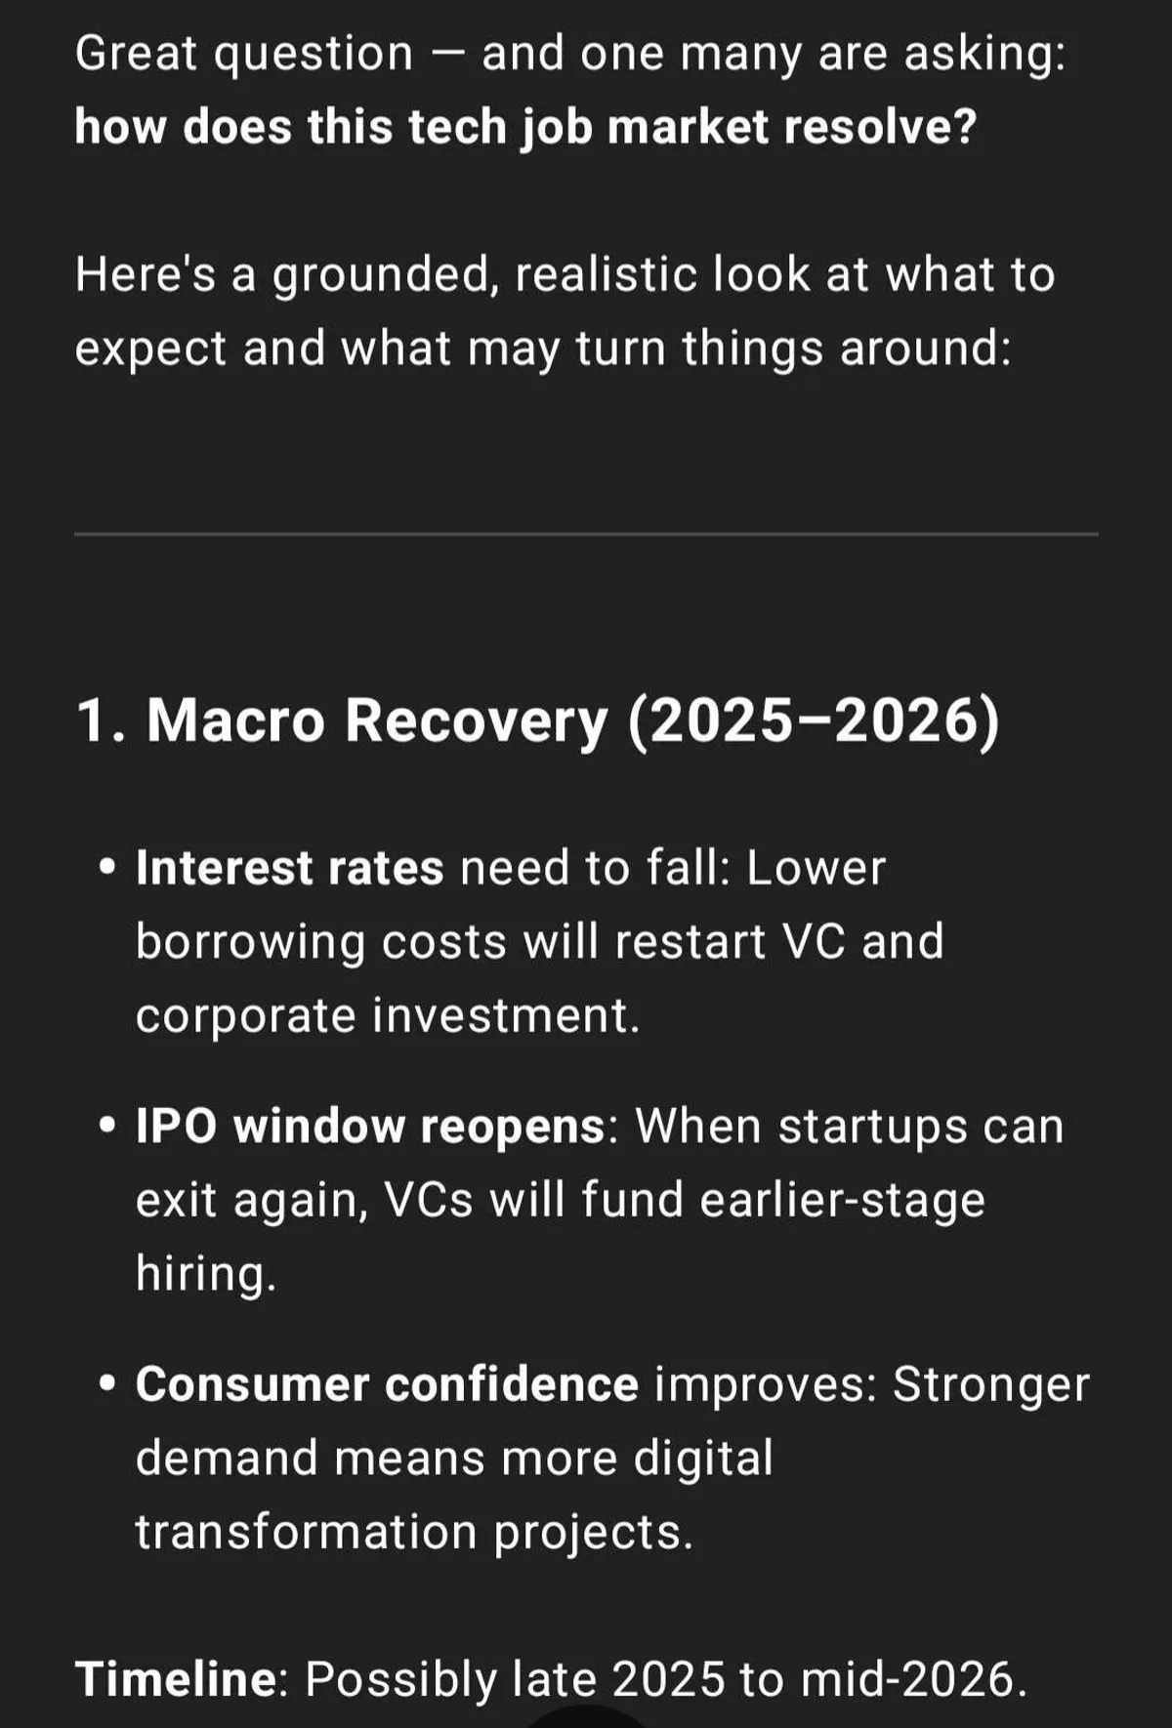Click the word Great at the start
pyautogui.click(x=136, y=54)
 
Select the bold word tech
pyautogui.click(x=456, y=127)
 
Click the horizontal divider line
pyautogui.click(x=586, y=534)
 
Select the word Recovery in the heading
pyautogui.click(x=477, y=722)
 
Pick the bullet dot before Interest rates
pyautogui.click(x=108, y=867)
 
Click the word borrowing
pyautogui.click(x=250, y=943)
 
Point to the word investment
pyautogui.click(x=506, y=1015)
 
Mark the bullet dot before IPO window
pyautogui.click(x=108, y=1126)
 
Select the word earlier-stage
pyautogui.click(x=842, y=1201)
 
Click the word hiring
pyautogui.click(x=206, y=1273)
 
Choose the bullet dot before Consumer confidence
pyautogui.click(x=108, y=1383)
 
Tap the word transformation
pyautogui.click(x=306, y=1531)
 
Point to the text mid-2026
pyautogui.click(x=914, y=1679)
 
